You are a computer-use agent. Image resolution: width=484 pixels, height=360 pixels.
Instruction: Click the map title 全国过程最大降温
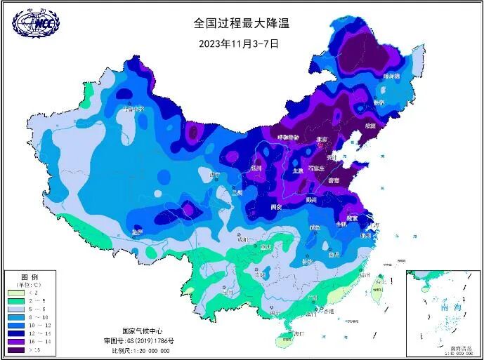coord(242,23)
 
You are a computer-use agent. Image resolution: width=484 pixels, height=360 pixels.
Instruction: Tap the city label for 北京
coord(322,140)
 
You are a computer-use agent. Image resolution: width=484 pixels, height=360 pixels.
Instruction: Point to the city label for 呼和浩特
coord(288,137)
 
